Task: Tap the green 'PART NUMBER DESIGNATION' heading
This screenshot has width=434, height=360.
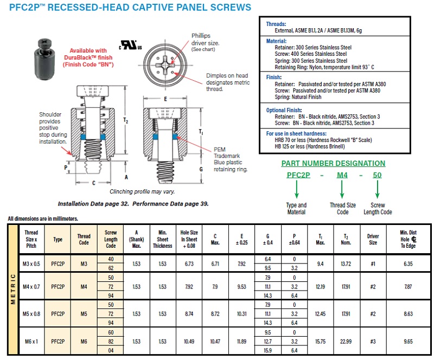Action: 333,163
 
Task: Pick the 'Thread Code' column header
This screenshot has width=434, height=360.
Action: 84,239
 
